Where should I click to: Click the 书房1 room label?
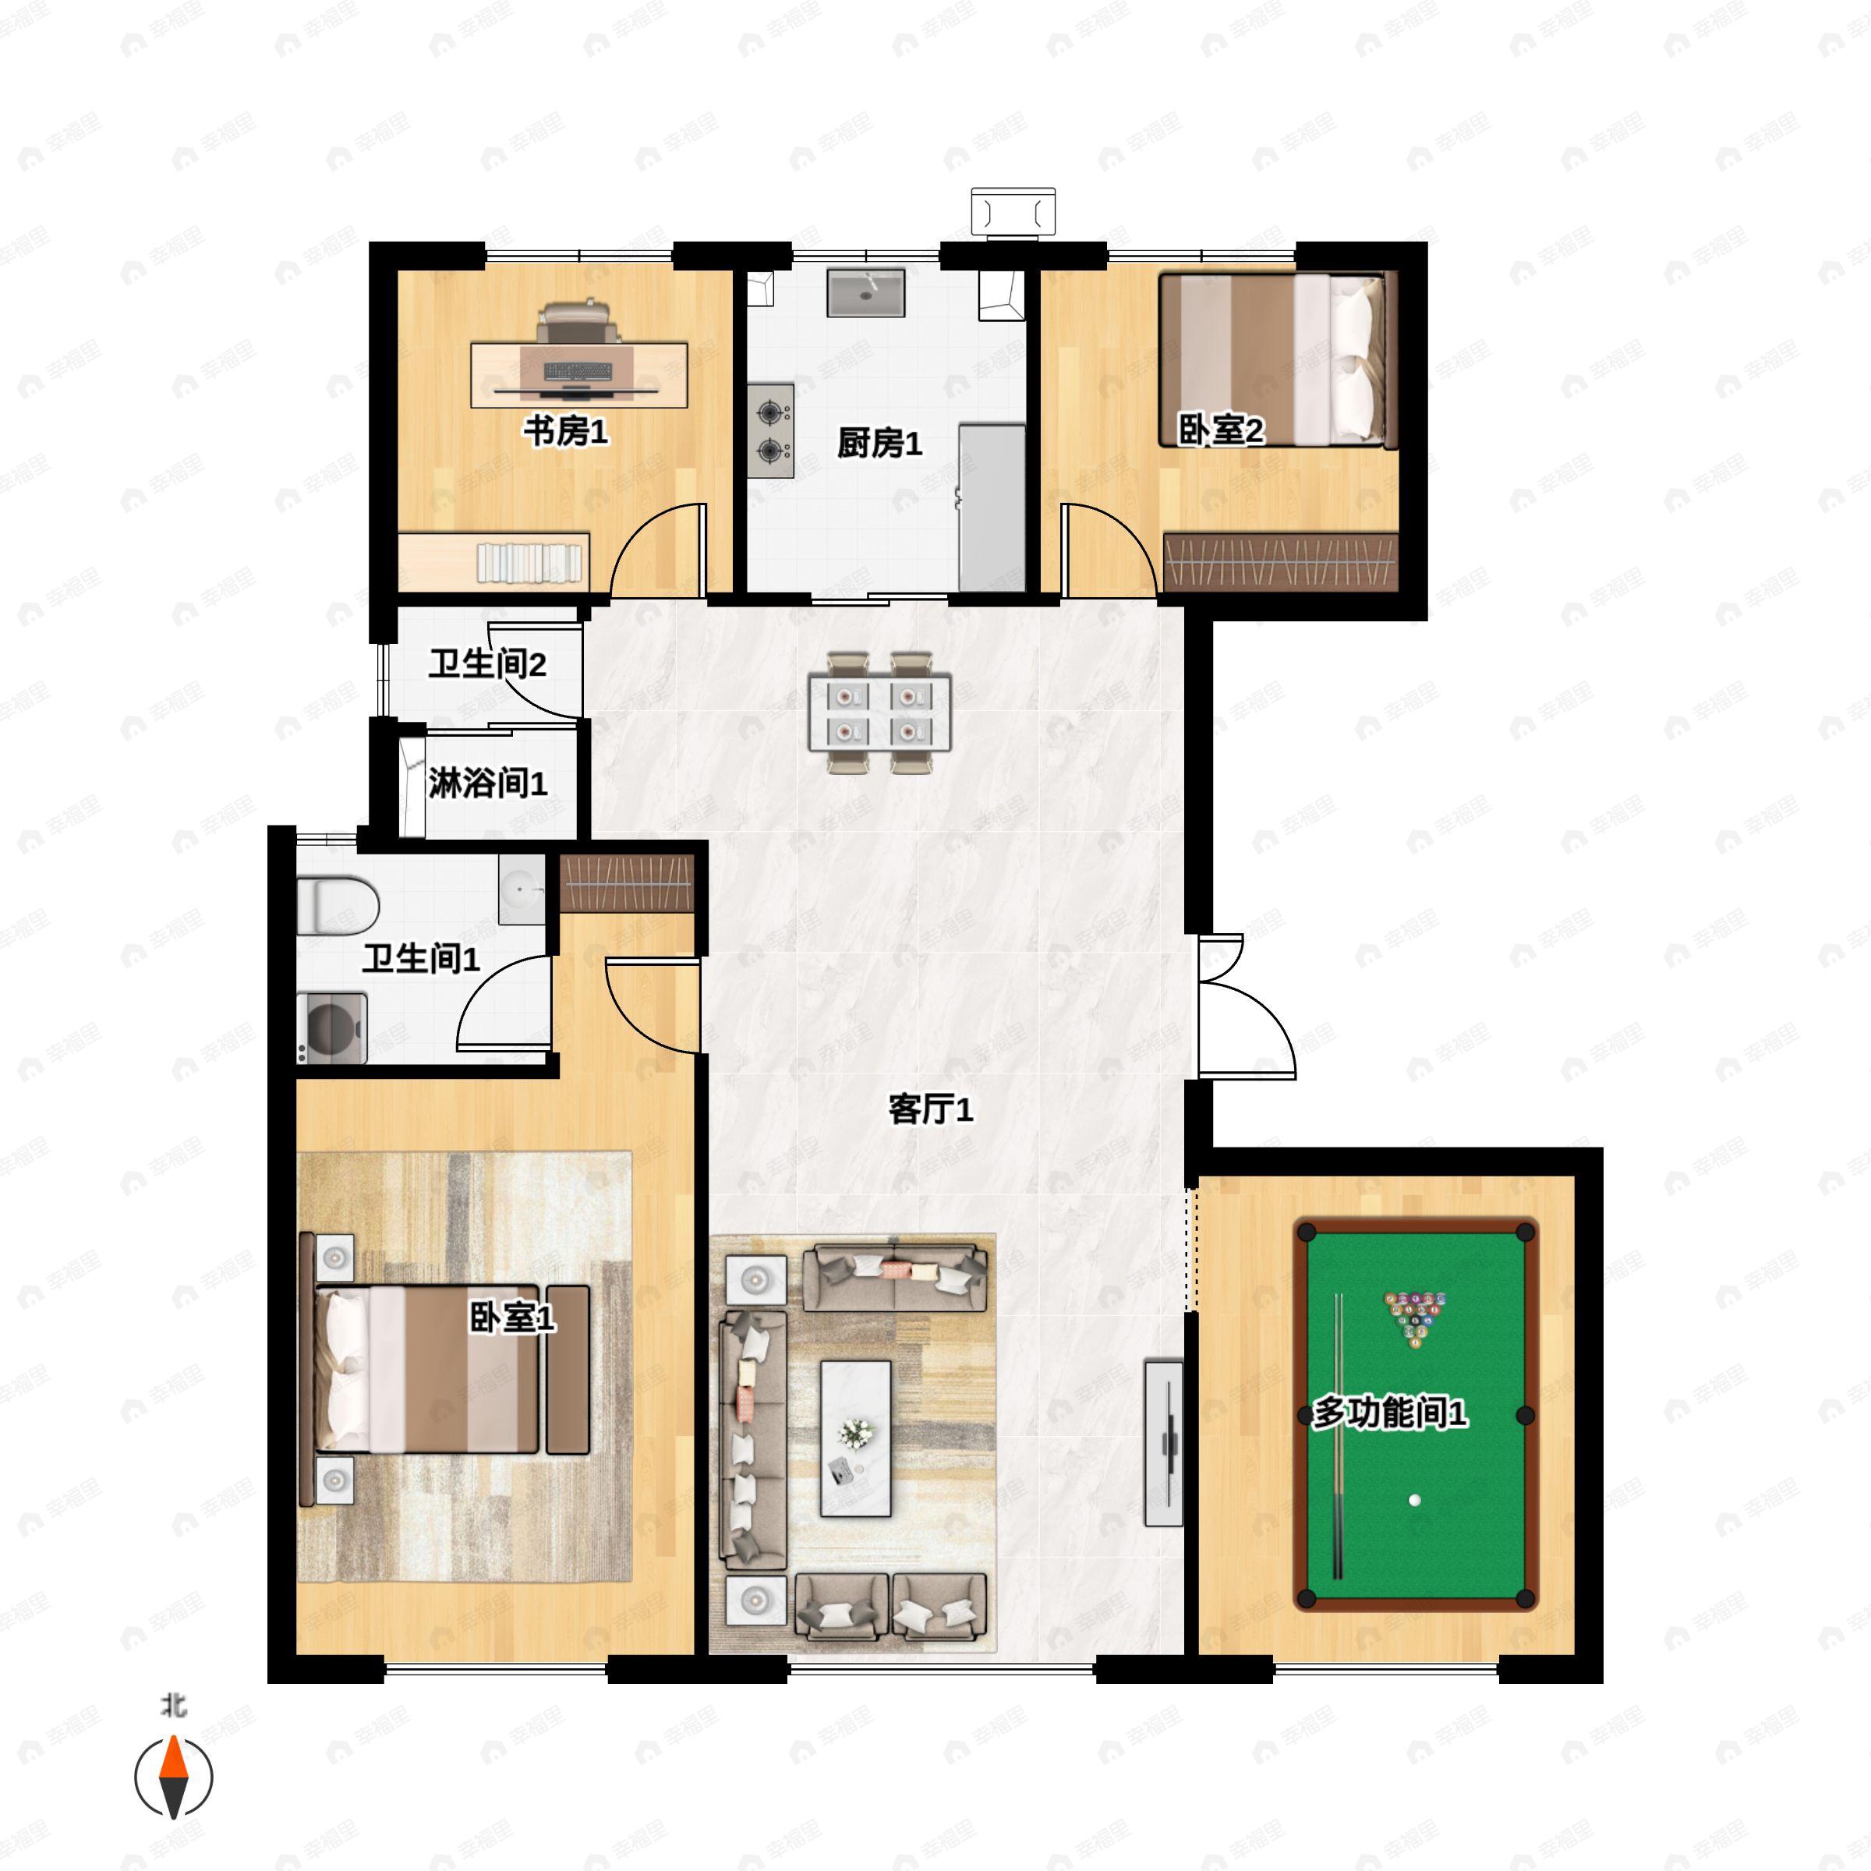click(x=567, y=431)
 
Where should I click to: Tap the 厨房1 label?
click(x=879, y=444)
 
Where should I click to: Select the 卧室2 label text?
click(x=1221, y=430)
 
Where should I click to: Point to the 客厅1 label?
click(x=931, y=1110)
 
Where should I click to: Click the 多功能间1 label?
click(x=1390, y=1413)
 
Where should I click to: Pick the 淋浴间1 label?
click(x=488, y=783)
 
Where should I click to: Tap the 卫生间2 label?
click(x=488, y=664)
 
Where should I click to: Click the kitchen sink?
click(x=866, y=293)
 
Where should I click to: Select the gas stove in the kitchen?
click(x=771, y=431)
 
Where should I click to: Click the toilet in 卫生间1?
click(x=337, y=905)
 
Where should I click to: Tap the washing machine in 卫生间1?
click(x=332, y=1028)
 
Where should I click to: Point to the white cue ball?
click(x=1415, y=1501)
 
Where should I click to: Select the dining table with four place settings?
click(x=880, y=712)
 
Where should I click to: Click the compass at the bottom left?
click(x=173, y=1778)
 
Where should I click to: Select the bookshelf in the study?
click(x=494, y=561)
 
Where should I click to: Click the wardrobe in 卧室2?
click(x=1281, y=561)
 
